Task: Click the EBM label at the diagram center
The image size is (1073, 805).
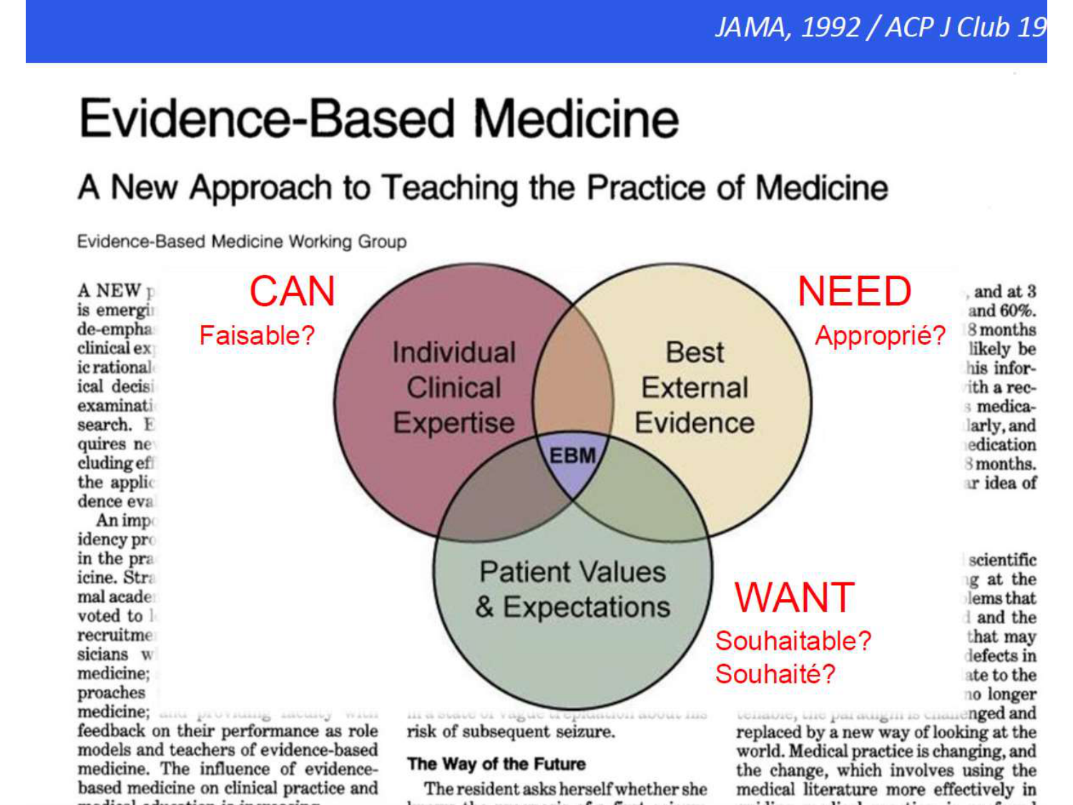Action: pyautogui.click(x=572, y=456)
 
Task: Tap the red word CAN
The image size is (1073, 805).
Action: pyautogui.click(x=292, y=292)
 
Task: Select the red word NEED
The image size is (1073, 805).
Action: pyautogui.click(x=854, y=292)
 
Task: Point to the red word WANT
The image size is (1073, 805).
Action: pyautogui.click(x=795, y=597)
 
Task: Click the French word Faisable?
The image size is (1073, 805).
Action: pyautogui.click(x=257, y=335)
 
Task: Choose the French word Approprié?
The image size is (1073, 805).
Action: pyautogui.click(x=880, y=335)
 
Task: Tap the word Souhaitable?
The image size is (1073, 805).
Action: pyautogui.click(x=793, y=640)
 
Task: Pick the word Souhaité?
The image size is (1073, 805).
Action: pyautogui.click(x=775, y=673)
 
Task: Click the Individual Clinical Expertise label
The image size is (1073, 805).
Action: pyautogui.click(x=454, y=387)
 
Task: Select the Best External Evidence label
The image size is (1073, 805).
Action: pyautogui.click(x=695, y=387)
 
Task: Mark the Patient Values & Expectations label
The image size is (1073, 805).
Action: pyautogui.click(x=573, y=589)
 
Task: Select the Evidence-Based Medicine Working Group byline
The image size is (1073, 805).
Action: pyautogui.click(x=242, y=242)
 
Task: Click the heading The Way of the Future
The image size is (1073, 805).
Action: pyautogui.click(x=496, y=764)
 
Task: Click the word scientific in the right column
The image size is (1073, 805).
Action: pyautogui.click(x=1002, y=560)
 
